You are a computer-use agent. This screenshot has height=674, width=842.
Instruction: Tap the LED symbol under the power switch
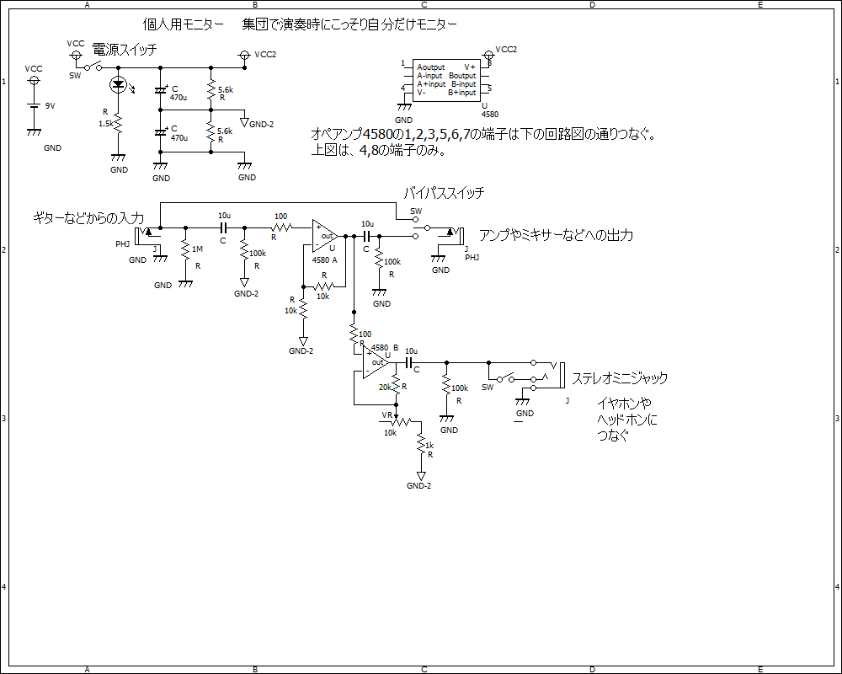[x=118, y=84]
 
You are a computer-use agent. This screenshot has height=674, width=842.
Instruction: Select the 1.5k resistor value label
[x=106, y=123]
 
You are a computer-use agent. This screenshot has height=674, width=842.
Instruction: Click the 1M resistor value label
[x=197, y=249]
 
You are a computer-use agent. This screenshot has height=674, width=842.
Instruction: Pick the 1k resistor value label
[x=429, y=445]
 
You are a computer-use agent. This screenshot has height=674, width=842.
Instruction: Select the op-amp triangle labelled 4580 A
[x=324, y=236]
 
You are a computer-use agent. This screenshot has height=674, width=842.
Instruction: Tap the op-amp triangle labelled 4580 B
[x=376, y=362]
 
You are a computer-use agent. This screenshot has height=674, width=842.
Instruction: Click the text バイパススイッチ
[x=444, y=193]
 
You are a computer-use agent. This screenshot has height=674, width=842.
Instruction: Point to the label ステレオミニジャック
[x=620, y=378]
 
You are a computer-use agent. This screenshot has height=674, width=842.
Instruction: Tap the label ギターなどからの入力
[x=89, y=218]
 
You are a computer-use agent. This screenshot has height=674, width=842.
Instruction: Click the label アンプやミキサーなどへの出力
[x=556, y=235]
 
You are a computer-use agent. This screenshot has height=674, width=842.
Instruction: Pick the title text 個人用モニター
[x=182, y=25]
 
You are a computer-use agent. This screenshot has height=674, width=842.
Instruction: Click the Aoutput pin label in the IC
[x=431, y=67]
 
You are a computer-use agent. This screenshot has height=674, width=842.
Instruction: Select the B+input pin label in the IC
[x=462, y=93]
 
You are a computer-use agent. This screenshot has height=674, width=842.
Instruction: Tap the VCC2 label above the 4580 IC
[x=506, y=50]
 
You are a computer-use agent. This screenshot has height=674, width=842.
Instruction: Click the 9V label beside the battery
[x=50, y=105]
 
